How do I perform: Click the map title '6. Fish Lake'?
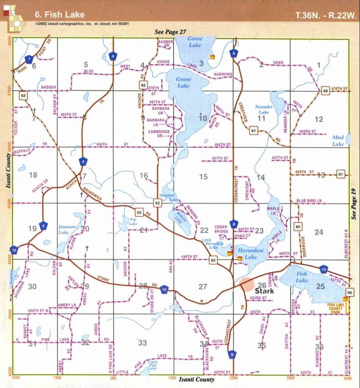(x=59, y=15)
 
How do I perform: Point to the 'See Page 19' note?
(x=354, y=204)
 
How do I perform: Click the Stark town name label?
(x=265, y=291)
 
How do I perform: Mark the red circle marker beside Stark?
(x=247, y=284)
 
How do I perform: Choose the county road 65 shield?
(x=350, y=292)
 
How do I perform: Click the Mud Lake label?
(x=338, y=141)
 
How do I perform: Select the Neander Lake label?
(x=264, y=109)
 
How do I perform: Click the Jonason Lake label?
(x=67, y=229)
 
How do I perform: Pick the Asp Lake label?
(x=133, y=221)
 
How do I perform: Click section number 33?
(x=142, y=343)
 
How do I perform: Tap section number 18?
(x=33, y=175)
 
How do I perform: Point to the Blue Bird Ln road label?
(x=309, y=201)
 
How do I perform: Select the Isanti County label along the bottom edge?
(x=196, y=379)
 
